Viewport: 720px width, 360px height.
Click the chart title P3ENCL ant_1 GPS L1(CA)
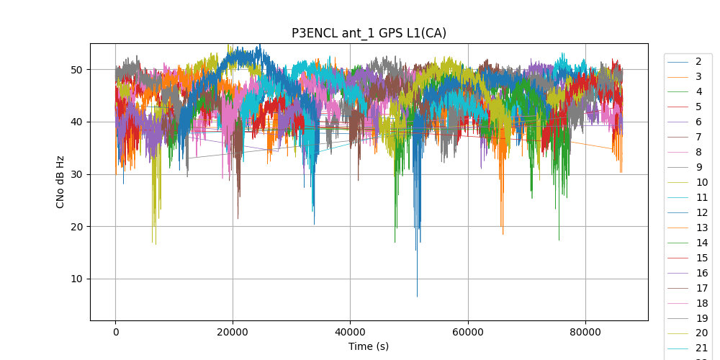[x=369, y=33]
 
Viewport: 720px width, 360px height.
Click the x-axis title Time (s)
[x=369, y=346]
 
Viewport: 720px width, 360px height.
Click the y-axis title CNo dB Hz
[x=60, y=181]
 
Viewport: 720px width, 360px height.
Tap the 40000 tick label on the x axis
[x=350, y=332]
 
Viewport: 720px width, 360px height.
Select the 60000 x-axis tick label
[x=467, y=332]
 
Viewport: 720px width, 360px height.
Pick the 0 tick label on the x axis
[x=115, y=332]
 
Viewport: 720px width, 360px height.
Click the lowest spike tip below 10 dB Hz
[x=417, y=296]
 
